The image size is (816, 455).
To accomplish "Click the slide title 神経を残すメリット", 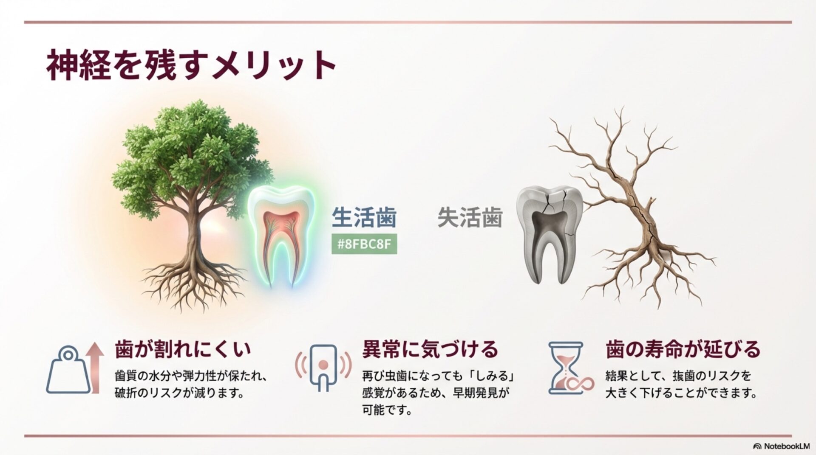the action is point(191,65).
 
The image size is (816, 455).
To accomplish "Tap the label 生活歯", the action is point(364,217).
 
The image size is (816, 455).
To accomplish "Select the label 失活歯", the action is point(470,217).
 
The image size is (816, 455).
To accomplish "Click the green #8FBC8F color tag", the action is point(364,245).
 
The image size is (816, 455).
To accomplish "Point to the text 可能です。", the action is point(387,410).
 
